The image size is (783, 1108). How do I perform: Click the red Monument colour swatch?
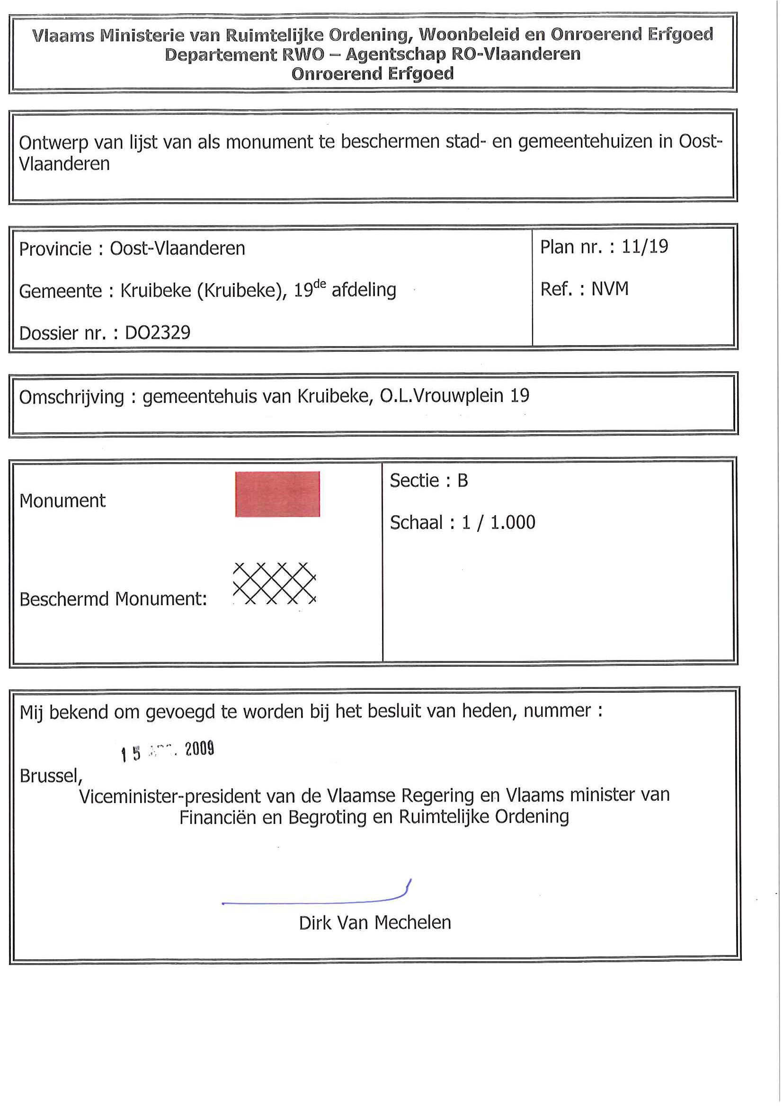click(x=277, y=494)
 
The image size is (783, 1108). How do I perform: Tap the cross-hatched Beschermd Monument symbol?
click(x=274, y=583)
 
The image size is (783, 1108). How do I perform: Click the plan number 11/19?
click(x=645, y=247)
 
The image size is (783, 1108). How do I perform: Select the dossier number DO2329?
click(x=158, y=332)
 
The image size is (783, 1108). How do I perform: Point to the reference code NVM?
click(x=610, y=288)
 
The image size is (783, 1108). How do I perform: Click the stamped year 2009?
click(x=199, y=749)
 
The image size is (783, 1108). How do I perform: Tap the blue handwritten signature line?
click(x=313, y=901)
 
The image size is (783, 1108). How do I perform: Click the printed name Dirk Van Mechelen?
click(x=375, y=923)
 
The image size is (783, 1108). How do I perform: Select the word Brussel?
click(x=51, y=776)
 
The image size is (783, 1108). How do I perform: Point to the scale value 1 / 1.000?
click(x=498, y=522)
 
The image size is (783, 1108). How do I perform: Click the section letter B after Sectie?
click(x=462, y=480)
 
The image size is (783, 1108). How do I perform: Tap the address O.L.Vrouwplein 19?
click(x=454, y=396)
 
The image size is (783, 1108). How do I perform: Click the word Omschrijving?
click(x=71, y=397)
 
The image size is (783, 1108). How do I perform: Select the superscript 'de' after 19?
click(x=320, y=284)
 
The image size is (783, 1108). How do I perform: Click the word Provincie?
click(x=55, y=249)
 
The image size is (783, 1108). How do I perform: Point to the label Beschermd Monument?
click(x=113, y=599)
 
